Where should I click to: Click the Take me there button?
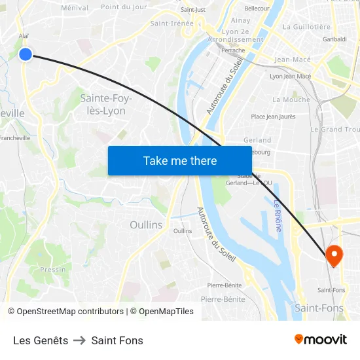tap(180, 160)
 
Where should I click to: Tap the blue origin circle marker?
tap(26, 54)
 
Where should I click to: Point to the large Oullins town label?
tap(146, 225)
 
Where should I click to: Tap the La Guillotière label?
tap(306, 27)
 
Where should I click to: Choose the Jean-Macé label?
tap(293, 60)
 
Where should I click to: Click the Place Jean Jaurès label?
tap(273, 117)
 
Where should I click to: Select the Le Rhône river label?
tap(278, 215)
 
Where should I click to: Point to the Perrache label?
tap(233, 50)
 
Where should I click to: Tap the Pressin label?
tap(53, 269)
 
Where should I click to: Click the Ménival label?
tap(74, 8)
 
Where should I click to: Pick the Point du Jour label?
tap(124, 7)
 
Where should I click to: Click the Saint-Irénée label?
tap(172, 23)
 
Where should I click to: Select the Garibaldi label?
tap(334, 39)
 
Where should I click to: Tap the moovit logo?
tap(320, 339)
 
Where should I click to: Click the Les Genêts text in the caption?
tap(41, 340)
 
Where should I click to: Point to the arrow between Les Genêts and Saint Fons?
tap(80, 340)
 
